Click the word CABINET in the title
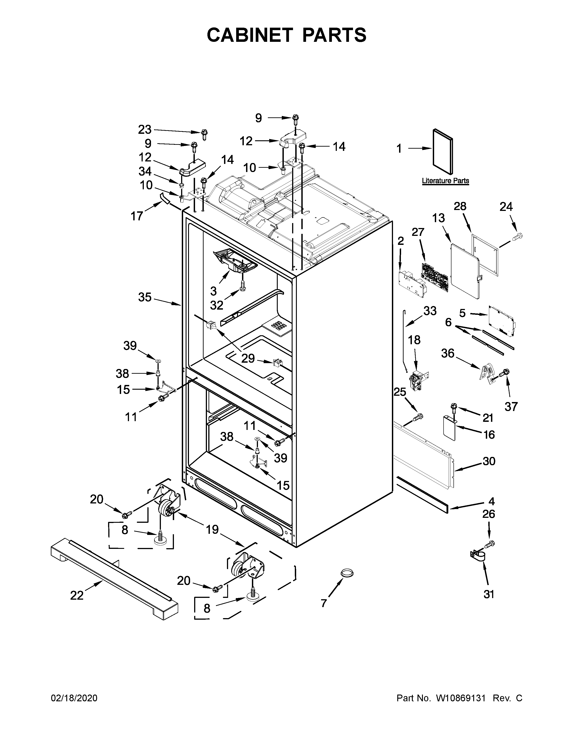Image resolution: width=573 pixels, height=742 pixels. [x=249, y=35]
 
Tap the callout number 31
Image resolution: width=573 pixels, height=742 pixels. [x=489, y=594]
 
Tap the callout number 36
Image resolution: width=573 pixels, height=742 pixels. [x=447, y=353]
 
